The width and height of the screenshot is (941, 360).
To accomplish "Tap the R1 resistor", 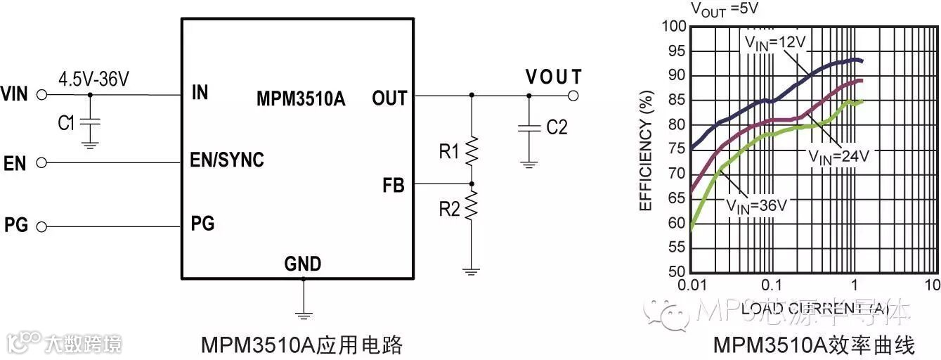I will pyautogui.click(x=472, y=150).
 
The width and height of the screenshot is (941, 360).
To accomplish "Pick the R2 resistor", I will pyautogui.click(x=472, y=207).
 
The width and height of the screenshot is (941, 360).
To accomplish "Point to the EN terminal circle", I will pyautogui.click(x=41, y=163).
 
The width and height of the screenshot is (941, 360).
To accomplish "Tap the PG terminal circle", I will pyautogui.click(x=41, y=226).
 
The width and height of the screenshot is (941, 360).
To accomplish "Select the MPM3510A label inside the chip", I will pyautogui.click(x=301, y=98).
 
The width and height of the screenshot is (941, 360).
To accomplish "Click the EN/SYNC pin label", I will pyautogui.click(x=227, y=160).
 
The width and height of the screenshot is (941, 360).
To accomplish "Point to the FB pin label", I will pyautogui.click(x=394, y=186).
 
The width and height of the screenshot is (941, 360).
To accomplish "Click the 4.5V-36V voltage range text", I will pyautogui.click(x=93, y=79).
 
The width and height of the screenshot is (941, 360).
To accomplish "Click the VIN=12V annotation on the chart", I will pyautogui.click(x=774, y=42).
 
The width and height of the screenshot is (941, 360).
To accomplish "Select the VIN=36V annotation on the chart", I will pyautogui.click(x=756, y=205).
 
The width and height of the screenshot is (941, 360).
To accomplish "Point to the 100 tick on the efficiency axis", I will pyautogui.click(x=673, y=27).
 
